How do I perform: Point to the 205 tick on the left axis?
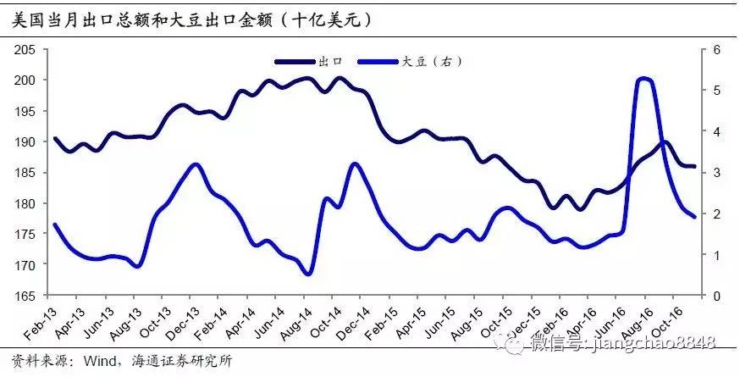[x=25, y=50]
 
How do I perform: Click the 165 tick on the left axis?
[x=25, y=296]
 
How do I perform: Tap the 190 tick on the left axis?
[x=25, y=141]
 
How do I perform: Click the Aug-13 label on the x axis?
[x=127, y=319]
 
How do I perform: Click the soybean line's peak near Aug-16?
[x=644, y=79]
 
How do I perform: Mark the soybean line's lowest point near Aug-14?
[x=308, y=274]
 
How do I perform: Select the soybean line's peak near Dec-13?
[x=196, y=164]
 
